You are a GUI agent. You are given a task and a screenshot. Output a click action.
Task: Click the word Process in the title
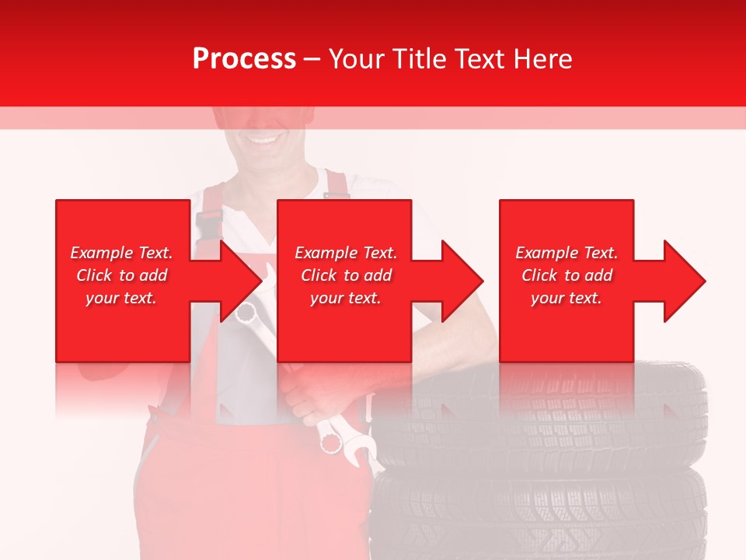(244, 59)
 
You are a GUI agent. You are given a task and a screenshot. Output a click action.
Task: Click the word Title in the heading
(420, 59)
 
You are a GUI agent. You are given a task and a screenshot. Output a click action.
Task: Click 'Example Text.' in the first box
(122, 253)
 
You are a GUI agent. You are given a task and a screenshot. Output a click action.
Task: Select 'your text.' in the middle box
(346, 298)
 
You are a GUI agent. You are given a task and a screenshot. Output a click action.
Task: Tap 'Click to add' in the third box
(566, 275)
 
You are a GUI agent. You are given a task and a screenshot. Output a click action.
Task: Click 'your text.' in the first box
(122, 298)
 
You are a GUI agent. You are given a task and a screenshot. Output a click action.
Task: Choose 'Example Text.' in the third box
(566, 253)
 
